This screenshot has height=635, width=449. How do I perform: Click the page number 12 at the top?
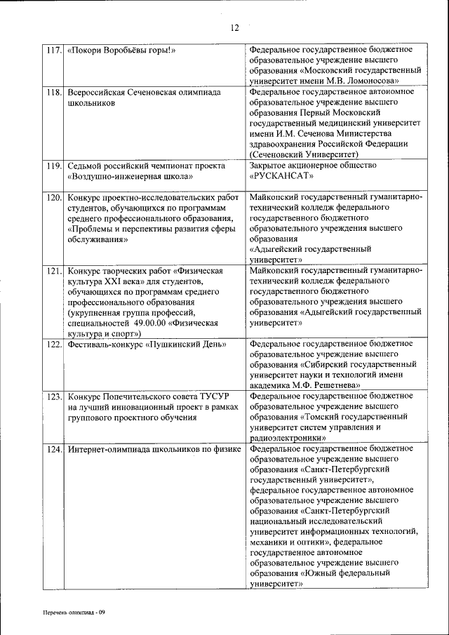tap(234, 28)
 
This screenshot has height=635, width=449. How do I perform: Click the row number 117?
tap(53, 51)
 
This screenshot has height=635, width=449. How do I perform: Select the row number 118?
tap(53, 93)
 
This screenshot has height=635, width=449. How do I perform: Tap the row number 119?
tap(53, 166)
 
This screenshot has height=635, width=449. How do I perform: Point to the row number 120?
tap(53, 198)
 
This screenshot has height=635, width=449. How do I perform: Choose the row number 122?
tap(53, 345)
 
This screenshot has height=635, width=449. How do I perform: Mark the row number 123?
tap(53, 397)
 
